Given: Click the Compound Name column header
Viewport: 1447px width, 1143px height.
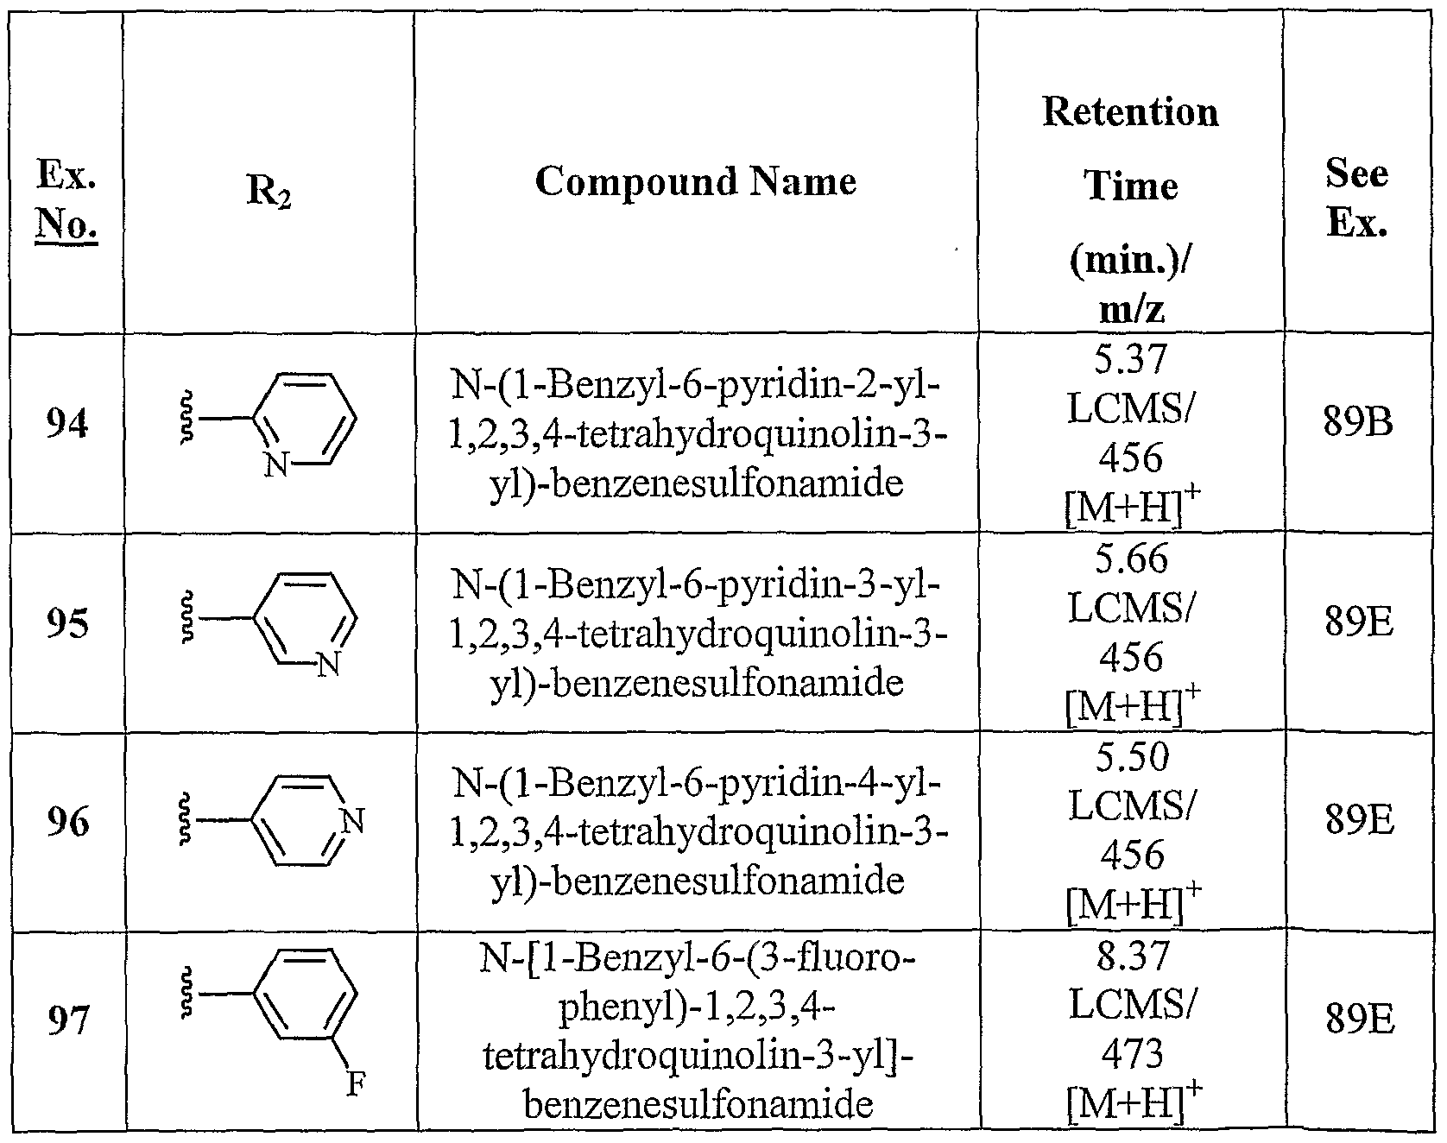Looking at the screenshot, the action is click(695, 181).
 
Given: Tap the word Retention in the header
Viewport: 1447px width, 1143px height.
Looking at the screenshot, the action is click(1130, 111).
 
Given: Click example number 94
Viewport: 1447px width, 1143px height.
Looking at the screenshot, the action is click(66, 425).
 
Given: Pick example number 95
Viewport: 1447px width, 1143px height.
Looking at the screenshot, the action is click(66, 623).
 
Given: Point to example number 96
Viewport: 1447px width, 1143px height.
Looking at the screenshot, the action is click(66, 822).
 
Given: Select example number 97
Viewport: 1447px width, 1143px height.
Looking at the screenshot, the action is click(66, 1022).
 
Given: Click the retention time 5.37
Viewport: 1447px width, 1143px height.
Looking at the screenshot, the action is click(1131, 357).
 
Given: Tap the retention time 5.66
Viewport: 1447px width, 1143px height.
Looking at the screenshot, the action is click(1131, 558).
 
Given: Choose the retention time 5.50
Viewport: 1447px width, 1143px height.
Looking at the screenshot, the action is click(1131, 756).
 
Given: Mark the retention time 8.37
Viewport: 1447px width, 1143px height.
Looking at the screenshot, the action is click(1131, 955).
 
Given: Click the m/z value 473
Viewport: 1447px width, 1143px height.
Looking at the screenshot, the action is click(1132, 1052).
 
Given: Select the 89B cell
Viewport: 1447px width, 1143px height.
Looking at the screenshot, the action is click(1358, 425).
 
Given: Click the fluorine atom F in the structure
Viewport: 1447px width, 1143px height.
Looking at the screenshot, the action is click(355, 1083).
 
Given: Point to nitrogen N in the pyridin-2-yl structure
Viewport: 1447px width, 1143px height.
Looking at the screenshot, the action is click(275, 466).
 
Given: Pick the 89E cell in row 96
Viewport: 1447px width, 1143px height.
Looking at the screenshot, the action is click(1358, 822).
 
